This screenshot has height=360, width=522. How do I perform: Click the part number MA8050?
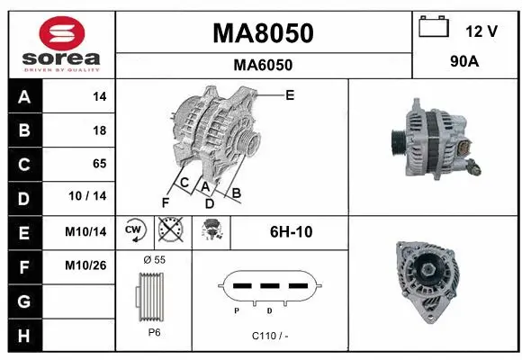pos(263,33)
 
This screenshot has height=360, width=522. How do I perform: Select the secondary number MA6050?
pos(263,65)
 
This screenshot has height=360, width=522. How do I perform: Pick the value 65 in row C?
pos(99,164)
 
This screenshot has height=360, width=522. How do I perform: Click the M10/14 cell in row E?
pos(86,231)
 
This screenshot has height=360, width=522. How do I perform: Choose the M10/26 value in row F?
pos(86,265)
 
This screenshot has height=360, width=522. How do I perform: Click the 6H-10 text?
pos(292,231)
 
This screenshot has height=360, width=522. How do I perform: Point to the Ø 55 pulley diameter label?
pos(154,260)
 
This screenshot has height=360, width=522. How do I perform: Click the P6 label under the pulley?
pos(153,331)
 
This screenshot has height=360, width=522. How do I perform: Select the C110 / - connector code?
pos(270,335)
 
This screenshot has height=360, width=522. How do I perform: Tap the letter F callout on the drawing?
pos(166,202)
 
